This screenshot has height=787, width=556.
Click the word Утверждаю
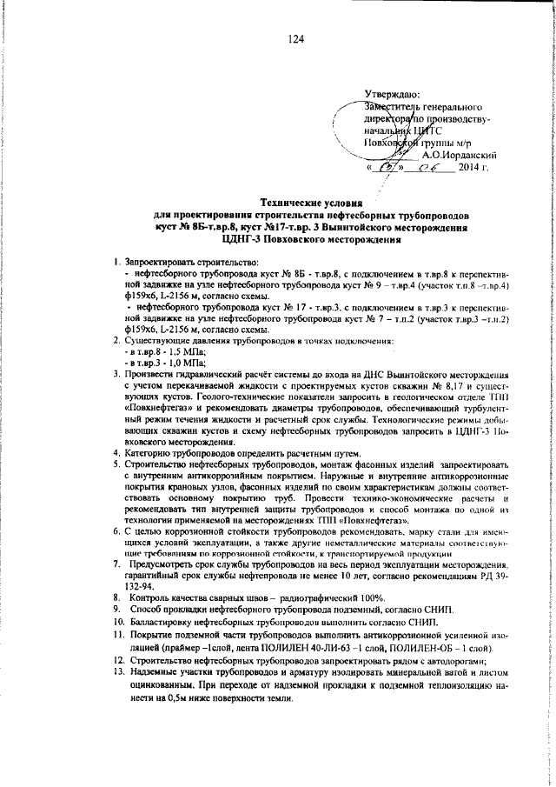pos(392,94)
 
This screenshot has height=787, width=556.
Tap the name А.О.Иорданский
pos(462,154)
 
